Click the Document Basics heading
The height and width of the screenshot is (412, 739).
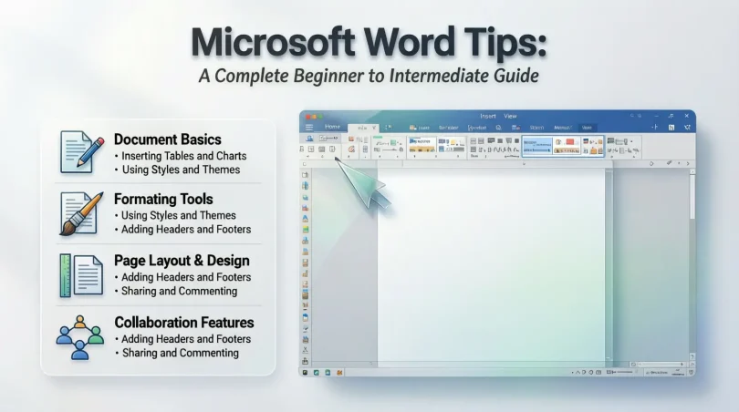tap(167, 139)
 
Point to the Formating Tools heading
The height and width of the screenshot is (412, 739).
tap(163, 199)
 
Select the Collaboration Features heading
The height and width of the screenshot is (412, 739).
tap(184, 322)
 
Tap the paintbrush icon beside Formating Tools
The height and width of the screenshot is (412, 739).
tap(80, 212)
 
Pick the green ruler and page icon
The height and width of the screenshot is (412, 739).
tap(81, 273)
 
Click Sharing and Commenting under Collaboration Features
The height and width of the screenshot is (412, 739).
tap(179, 353)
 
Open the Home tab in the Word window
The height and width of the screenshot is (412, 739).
tap(332, 127)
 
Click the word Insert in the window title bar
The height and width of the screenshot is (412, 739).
tap(488, 116)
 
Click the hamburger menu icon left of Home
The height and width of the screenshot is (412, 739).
tap(310, 127)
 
